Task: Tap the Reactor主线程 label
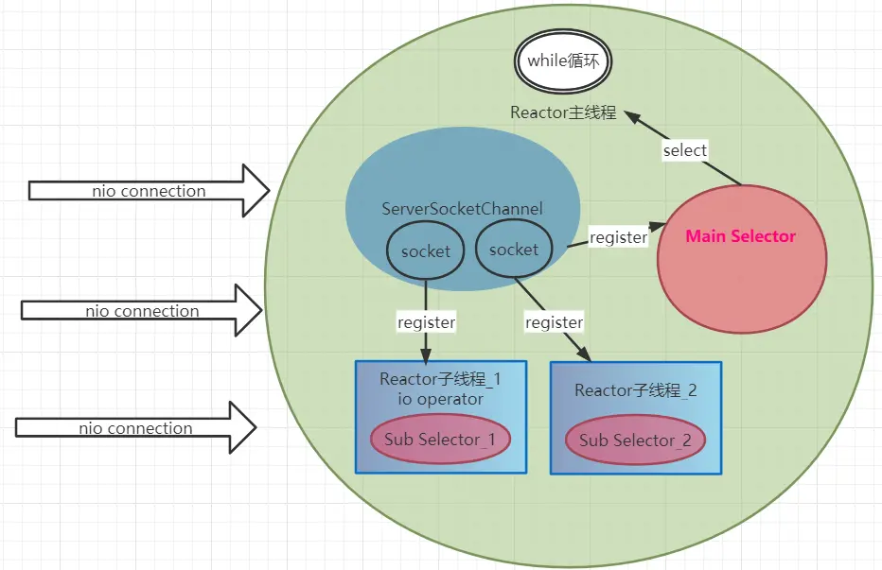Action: pyautogui.click(x=563, y=112)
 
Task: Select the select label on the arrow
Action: pyautogui.click(x=684, y=150)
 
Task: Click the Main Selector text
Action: pyautogui.click(x=740, y=235)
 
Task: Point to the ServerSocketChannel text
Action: pyautogui.click(x=463, y=208)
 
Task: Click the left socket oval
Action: pyautogui.click(x=426, y=251)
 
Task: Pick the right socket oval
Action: pyautogui.click(x=514, y=250)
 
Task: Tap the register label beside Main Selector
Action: pyautogui.click(x=618, y=237)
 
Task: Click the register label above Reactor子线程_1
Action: pyautogui.click(x=426, y=322)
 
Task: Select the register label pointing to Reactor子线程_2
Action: pyautogui.click(x=554, y=322)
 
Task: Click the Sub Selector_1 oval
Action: pyautogui.click(x=440, y=439)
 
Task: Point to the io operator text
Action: pyautogui.click(x=440, y=399)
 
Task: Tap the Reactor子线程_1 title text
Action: pyautogui.click(x=440, y=380)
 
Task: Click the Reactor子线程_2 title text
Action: pyautogui.click(x=635, y=390)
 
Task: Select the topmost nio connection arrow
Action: pyautogui.click(x=150, y=191)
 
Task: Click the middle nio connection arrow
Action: pyautogui.click(x=142, y=311)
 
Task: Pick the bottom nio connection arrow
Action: pyautogui.click(x=136, y=428)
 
